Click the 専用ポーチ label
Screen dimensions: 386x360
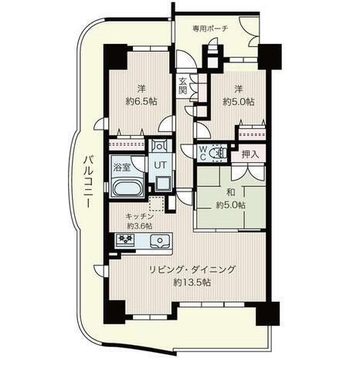pos(210,29)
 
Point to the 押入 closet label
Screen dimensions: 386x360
pos(250,155)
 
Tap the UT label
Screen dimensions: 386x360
pos(161,165)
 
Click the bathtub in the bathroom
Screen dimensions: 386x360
pos(127,188)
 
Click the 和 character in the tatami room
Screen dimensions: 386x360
pos(230,192)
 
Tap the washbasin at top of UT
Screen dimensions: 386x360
pos(159,146)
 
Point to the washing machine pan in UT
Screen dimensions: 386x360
pos(162,183)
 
